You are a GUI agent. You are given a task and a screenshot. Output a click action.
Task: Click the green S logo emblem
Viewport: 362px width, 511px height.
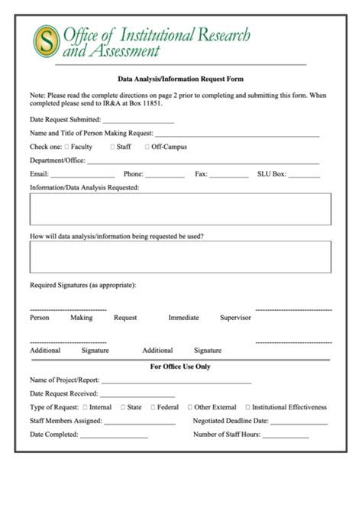tap(46, 42)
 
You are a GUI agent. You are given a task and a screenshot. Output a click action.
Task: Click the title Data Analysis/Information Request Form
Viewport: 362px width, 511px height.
tap(180, 79)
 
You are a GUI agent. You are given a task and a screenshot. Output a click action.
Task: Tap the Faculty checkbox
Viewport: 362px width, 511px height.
tap(66, 147)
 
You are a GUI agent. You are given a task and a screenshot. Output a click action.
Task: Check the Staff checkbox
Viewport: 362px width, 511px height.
tap(113, 147)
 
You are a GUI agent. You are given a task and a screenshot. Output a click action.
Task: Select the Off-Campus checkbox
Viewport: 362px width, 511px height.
tap(147, 147)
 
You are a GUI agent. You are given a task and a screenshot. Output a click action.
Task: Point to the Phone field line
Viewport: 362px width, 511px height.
tap(165, 176)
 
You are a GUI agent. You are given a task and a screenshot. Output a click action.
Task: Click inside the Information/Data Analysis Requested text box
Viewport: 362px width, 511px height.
tap(180, 209)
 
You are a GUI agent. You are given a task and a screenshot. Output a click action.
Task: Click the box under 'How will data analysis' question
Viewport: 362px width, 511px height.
tap(180, 257)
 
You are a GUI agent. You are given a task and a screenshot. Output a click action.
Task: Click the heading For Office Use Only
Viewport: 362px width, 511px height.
tap(180, 367)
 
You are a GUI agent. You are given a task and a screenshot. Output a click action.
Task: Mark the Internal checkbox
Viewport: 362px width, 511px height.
tap(85, 408)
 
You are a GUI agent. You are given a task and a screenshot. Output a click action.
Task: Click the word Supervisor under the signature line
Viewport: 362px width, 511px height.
tap(235, 318)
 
